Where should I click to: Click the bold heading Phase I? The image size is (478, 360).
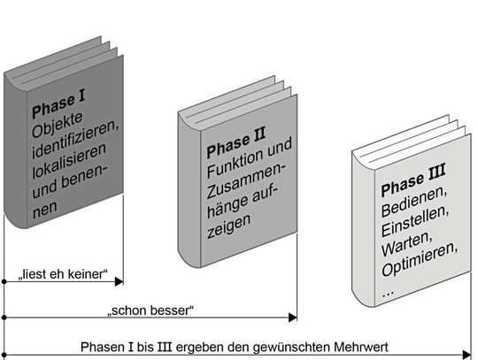pos(58,112)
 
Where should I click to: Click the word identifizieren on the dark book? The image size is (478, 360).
pos(74,148)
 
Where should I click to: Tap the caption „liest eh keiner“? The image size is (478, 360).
pos(62,274)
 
